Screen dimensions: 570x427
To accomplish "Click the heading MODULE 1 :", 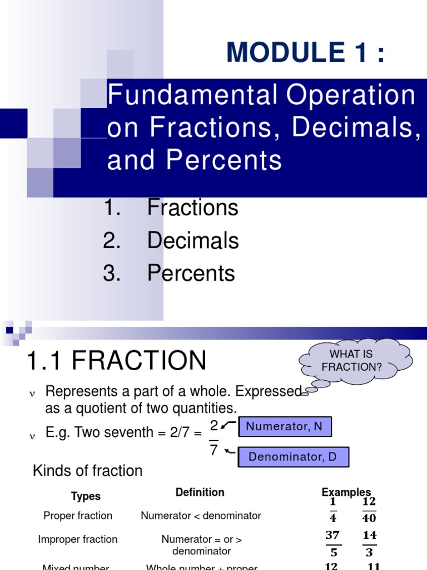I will point(305,53).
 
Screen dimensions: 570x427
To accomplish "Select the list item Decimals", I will point(192,240).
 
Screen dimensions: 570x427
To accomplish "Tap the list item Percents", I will point(191,273).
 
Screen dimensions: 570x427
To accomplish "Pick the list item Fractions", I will point(192,208).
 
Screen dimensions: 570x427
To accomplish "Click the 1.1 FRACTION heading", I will point(116,360).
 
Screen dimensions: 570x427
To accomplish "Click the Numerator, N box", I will point(284,427).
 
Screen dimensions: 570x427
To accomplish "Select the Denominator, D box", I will point(292,457).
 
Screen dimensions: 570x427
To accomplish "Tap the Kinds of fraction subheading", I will point(88,470).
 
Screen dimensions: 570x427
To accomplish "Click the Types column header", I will point(86,496).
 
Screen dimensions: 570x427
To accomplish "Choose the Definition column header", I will point(200,492).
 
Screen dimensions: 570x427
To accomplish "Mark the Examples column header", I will point(346,492).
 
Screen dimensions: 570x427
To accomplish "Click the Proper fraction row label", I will point(78,516).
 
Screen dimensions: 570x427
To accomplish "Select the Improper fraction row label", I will point(78,539).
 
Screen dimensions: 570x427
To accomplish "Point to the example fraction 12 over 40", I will point(369,510).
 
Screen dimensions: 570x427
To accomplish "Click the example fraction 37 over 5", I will point(333,544).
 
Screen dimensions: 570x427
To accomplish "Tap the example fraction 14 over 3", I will point(369,544).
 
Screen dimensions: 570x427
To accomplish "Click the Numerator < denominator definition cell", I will point(201,516).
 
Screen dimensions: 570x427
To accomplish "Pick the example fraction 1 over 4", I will point(333,510).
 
